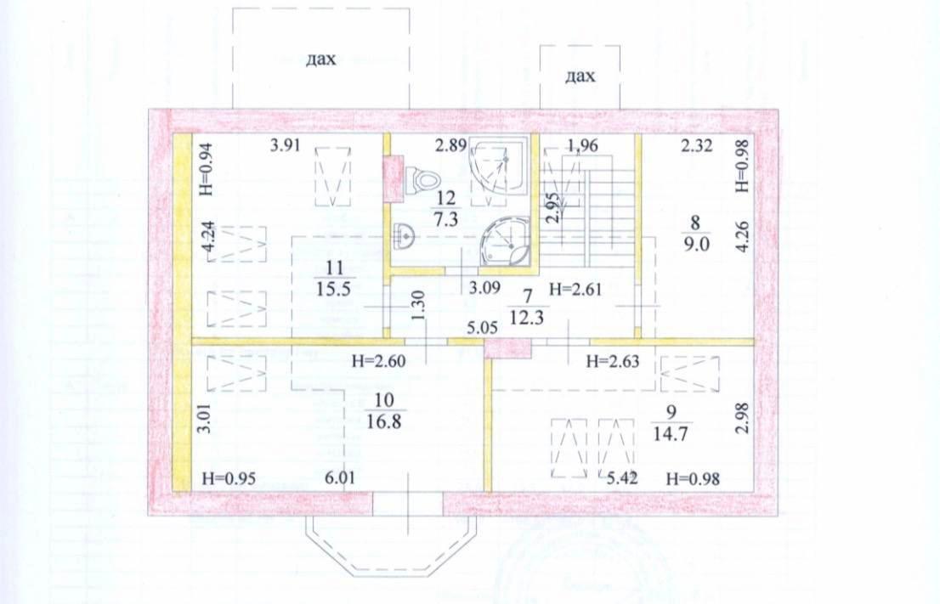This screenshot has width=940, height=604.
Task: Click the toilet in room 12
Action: click(x=422, y=179)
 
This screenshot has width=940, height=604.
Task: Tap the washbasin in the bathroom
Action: click(x=405, y=234)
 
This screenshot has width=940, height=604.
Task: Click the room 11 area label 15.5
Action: click(x=335, y=288)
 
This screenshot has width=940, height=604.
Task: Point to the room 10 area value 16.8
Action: click(x=383, y=421)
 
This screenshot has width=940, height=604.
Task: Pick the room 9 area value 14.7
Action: click(x=670, y=433)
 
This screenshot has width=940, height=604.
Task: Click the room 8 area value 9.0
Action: click(x=695, y=244)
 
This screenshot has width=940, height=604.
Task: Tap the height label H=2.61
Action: click(x=575, y=290)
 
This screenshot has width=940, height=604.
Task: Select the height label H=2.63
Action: click(x=613, y=361)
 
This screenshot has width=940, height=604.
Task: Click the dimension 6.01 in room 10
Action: click(x=340, y=477)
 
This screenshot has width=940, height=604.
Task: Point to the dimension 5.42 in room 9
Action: click(x=622, y=478)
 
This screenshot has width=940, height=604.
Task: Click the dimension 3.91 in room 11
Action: click(x=284, y=145)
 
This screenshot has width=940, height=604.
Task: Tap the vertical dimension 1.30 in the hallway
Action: click(x=419, y=304)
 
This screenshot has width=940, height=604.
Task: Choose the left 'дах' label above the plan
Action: click(x=321, y=59)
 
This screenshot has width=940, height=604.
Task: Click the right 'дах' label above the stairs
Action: click(x=580, y=76)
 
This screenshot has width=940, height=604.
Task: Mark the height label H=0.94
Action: click(x=206, y=169)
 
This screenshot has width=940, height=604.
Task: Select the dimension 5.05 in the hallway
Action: click(x=484, y=327)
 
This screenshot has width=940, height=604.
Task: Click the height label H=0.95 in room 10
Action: click(x=229, y=478)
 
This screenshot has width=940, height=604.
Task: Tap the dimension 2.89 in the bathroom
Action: click(x=450, y=145)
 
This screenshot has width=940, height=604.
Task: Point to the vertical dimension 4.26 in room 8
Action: click(x=742, y=237)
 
